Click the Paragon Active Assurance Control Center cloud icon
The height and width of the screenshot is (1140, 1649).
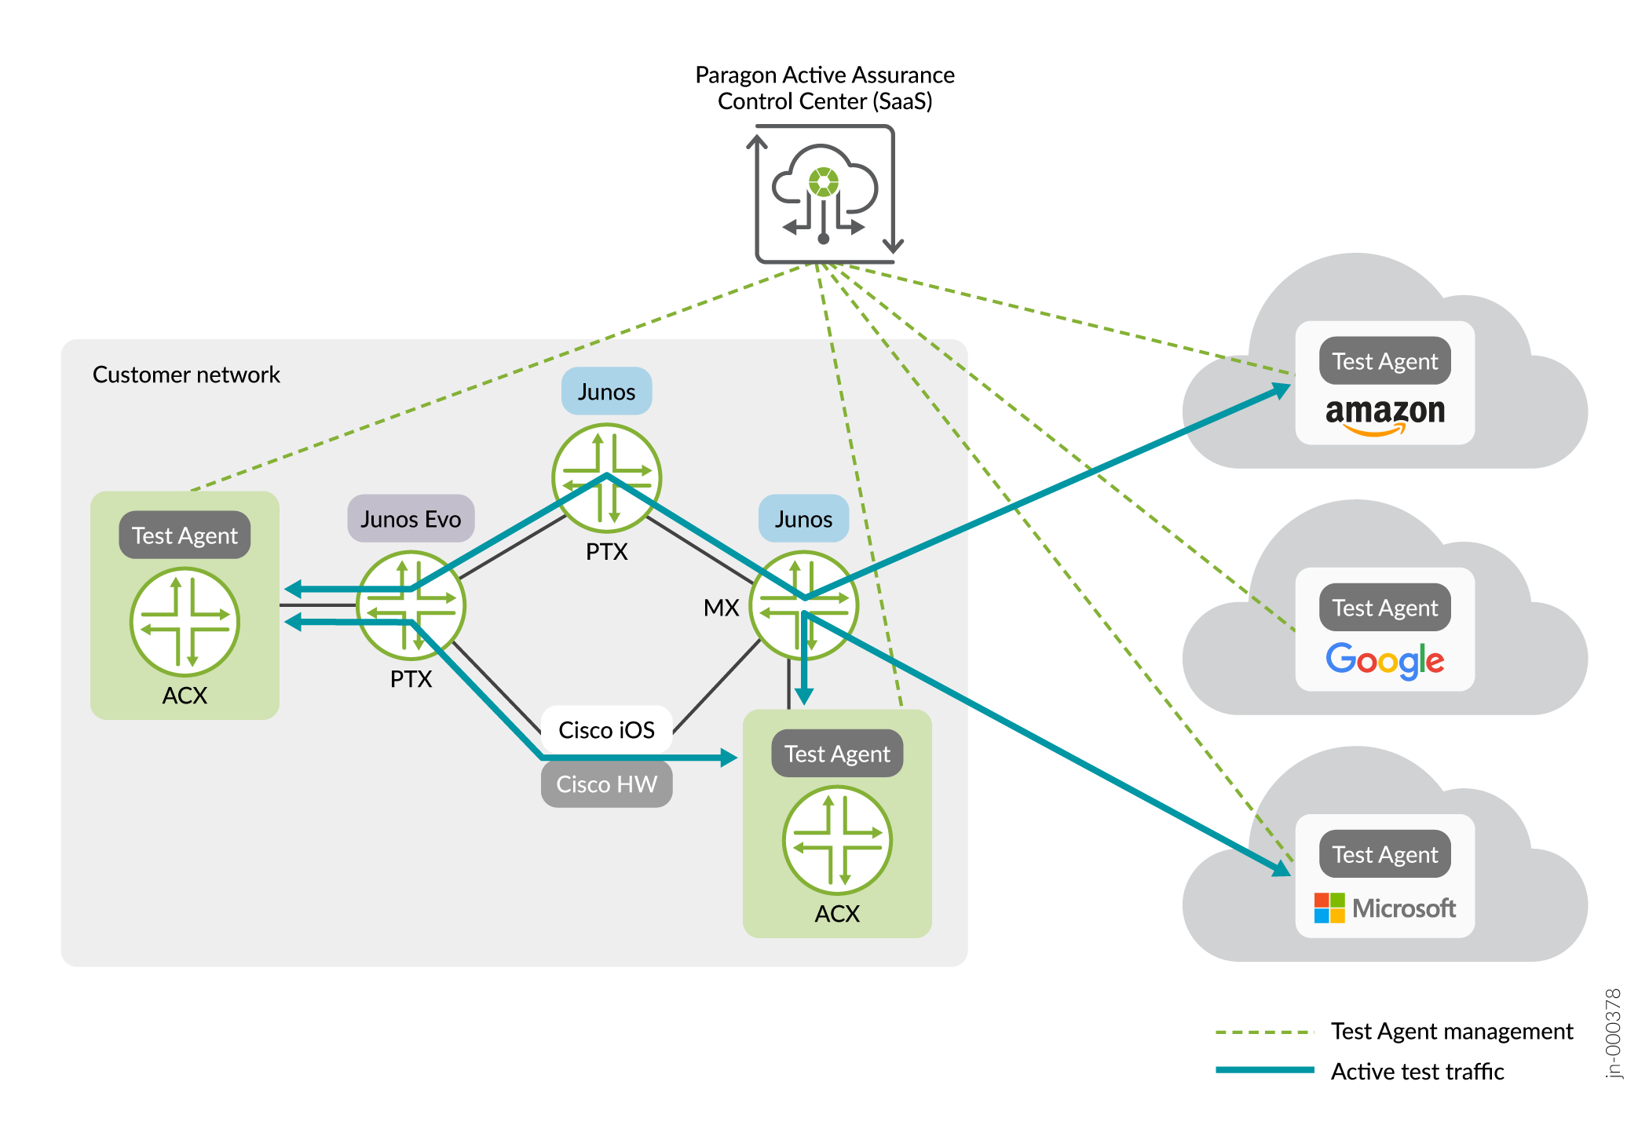(824, 194)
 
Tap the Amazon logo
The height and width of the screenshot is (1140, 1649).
(1385, 414)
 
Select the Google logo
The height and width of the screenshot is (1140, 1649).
(1385, 660)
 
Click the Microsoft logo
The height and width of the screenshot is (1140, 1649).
(1385, 908)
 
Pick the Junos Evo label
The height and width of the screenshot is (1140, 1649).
(411, 519)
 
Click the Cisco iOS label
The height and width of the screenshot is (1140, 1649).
(606, 730)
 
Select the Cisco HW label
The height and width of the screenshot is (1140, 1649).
(606, 784)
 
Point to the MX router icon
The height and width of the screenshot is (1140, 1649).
(803, 605)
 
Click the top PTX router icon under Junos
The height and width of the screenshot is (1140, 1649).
(606, 477)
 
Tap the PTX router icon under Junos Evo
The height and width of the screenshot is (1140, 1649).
(411, 605)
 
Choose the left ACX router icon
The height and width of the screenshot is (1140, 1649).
(185, 622)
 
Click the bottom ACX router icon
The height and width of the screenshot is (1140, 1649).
(837, 840)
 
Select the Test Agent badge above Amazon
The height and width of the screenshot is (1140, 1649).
(1385, 361)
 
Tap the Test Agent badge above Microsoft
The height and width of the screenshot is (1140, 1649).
(1385, 854)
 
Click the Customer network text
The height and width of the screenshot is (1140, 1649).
(186, 375)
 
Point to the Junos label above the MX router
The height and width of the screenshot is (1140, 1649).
(803, 519)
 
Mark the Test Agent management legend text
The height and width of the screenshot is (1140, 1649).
(1452, 1031)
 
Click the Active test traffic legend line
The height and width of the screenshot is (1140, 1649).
(1264, 1069)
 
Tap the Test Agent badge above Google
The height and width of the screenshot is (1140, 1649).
(1385, 608)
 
